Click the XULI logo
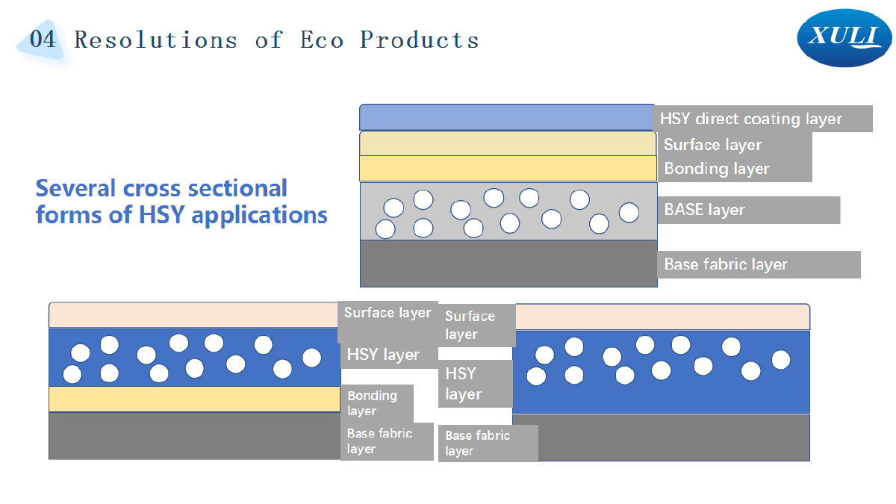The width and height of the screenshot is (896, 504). (x=844, y=38)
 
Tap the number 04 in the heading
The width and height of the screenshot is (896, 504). (x=43, y=39)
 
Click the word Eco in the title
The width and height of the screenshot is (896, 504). (x=322, y=40)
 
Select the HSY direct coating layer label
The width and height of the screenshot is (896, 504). (x=751, y=119)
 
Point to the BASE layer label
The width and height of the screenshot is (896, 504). (x=704, y=210)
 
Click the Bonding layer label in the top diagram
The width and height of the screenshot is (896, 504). (x=716, y=169)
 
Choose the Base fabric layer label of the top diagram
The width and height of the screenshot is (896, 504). (x=726, y=264)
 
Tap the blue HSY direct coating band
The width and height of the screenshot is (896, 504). (x=507, y=118)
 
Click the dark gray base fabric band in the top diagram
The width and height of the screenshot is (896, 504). (x=508, y=264)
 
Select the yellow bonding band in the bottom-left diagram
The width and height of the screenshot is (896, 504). (x=194, y=399)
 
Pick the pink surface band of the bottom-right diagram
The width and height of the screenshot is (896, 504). (x=662, y=317)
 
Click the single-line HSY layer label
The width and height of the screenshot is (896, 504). (x=383, y=355)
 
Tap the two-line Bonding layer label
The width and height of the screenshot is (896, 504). (x=372, y=403)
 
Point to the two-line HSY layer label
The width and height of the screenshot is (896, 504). (x=463, y=384)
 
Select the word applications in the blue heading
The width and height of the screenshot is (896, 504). (x=259, y=215)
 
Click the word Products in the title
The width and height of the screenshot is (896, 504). (x=419, y=40)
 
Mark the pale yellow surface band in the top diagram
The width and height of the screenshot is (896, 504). (x=508, y=143)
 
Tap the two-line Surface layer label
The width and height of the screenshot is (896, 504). (x=470, y=325)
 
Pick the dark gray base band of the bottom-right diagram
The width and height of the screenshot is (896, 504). (x=662, y=438)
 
